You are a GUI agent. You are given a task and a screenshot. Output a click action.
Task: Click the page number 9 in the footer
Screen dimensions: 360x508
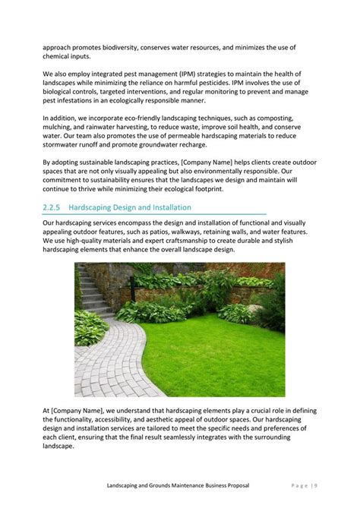point(315,484)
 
